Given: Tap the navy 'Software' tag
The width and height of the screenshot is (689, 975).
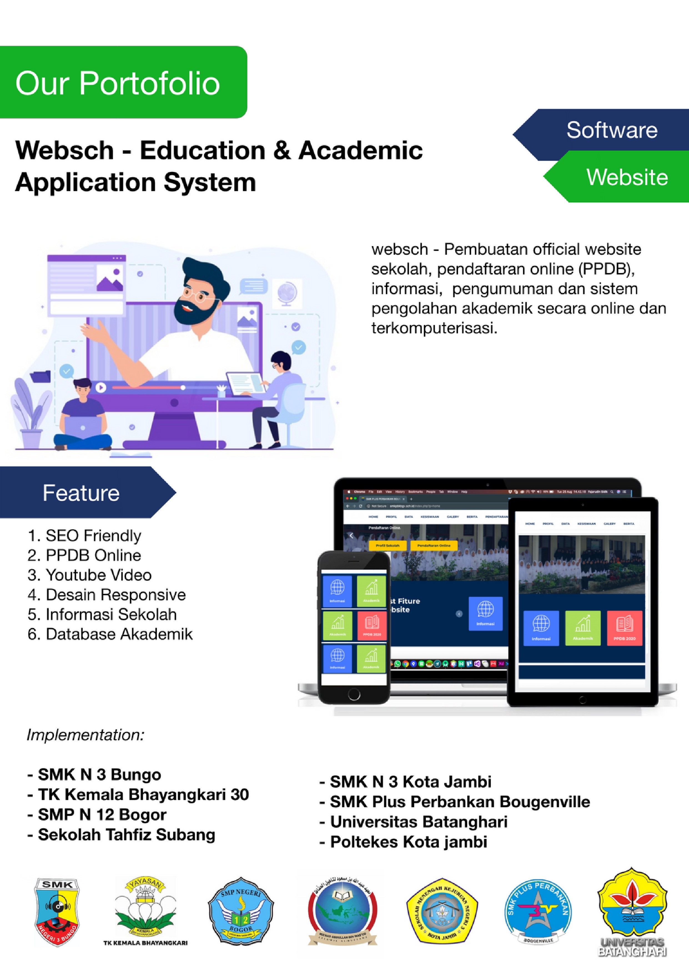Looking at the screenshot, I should pyautogui.click(x=611, y=130).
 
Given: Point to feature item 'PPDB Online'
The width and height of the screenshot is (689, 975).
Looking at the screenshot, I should pyautogui.click(x=93, y=556).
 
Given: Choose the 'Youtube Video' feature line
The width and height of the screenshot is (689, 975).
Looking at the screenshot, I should pyautogui.click(x=99, y=575).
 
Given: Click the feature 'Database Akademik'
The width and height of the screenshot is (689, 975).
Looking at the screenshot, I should pyautogui.click(x=119, y=634).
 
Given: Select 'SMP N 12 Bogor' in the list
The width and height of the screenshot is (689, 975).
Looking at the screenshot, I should pyautogui.click(x=102, y=814).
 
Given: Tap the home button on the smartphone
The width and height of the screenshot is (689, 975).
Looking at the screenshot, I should pyautogui.click(x=354, y=695).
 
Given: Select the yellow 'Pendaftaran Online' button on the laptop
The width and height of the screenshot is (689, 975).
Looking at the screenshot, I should pyautogui.click(x=434, y=546).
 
